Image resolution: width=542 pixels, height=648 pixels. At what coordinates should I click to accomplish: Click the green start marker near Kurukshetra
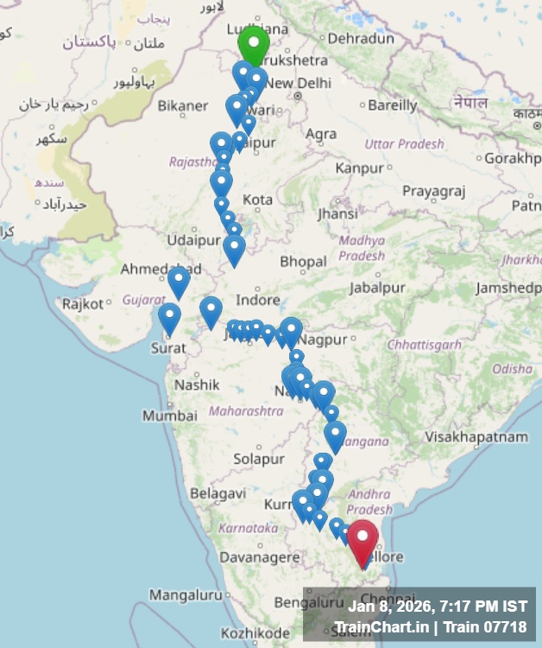click(x=254, y=43)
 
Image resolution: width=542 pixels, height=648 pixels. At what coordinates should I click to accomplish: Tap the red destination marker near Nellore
click(x=362, y=537)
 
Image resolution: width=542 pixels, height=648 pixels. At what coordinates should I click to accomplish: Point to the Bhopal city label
click(x=303, y=261)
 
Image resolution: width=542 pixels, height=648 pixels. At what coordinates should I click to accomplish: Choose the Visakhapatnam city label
click(x=476, y=437)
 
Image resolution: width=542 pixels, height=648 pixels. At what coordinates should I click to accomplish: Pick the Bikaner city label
click(x=182, y=106)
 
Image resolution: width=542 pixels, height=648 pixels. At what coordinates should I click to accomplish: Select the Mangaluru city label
click(x=185, y=595)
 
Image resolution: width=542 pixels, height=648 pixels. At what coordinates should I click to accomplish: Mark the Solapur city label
click(x=258, y=458)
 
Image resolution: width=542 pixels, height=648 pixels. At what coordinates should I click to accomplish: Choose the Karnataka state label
click(x=249, y=527)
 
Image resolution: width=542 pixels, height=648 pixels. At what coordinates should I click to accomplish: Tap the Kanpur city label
click(x=359, y=168)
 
